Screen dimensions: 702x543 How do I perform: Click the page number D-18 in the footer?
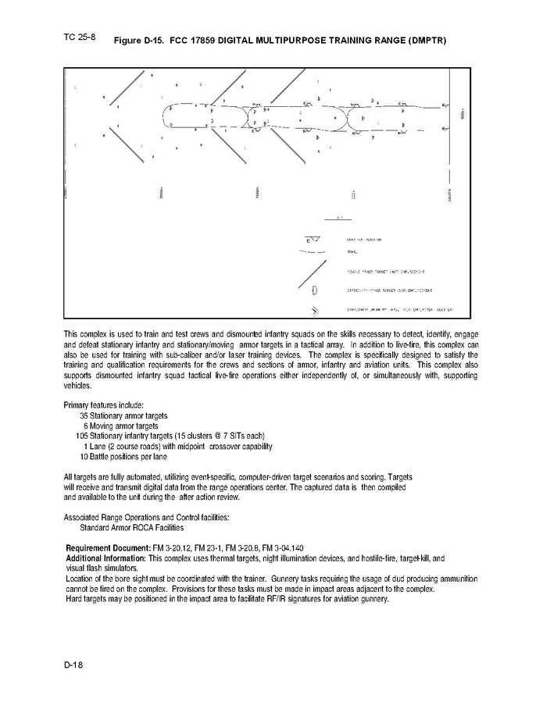pos(74,664)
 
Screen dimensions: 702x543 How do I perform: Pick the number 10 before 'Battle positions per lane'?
pos(84,456)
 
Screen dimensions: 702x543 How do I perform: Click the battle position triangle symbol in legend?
pos(313,239)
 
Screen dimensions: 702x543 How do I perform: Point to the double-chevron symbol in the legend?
pos(316,313)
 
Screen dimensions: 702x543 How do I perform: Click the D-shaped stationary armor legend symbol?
pos(314,292)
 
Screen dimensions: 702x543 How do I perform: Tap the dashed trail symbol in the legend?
pos(311,252)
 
